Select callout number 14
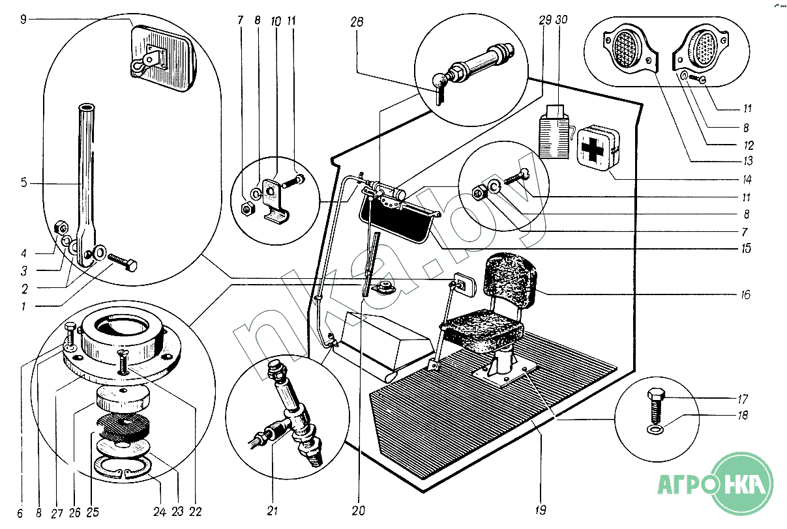coord(745,179)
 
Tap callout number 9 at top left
coord(23,20)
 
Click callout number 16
coord(745,295)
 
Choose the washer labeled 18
coord(654,431)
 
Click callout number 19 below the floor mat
coord(541,509)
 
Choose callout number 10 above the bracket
coord(275,21)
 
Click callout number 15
coord(745,248)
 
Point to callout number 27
coord(57,513)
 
